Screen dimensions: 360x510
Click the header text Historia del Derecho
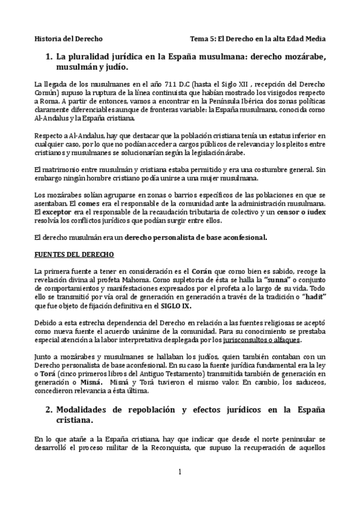(68, 38)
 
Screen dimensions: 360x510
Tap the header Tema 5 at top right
(257, 38)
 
